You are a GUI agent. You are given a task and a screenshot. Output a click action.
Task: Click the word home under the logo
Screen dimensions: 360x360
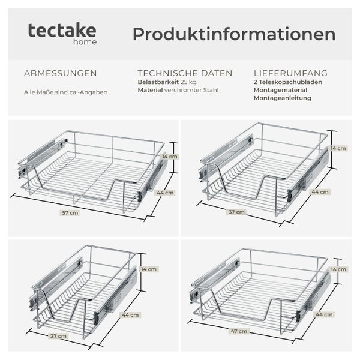86,42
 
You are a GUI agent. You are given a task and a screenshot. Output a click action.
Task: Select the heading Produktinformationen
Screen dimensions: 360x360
233,34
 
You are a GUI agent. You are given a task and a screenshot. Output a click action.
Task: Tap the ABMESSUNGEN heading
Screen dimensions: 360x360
60,73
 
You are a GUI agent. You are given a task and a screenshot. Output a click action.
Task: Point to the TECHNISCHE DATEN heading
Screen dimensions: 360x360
185,73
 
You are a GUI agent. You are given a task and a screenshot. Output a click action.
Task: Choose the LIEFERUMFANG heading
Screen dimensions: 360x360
290,73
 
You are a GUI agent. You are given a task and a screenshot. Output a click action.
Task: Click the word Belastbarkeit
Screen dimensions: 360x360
158,82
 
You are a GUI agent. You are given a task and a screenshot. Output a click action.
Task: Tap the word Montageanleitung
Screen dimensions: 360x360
282,98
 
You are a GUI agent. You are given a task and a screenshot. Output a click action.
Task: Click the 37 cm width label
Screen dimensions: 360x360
236,212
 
